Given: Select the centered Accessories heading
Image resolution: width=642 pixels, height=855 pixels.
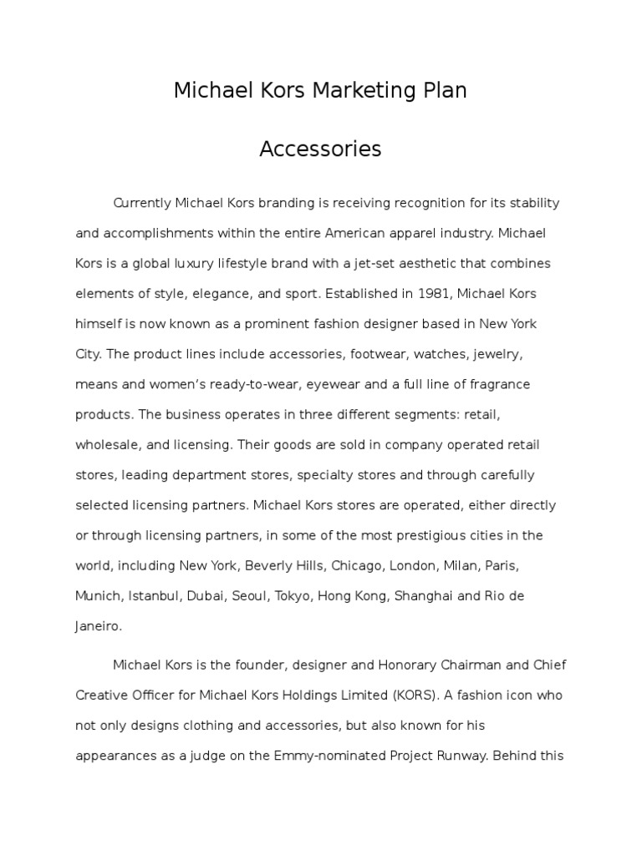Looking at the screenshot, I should [x=320, y=149].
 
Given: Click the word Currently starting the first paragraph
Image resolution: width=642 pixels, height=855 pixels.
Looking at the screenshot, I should [x=142, y=203].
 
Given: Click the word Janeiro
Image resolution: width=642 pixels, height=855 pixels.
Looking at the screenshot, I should [x=99, y=625].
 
